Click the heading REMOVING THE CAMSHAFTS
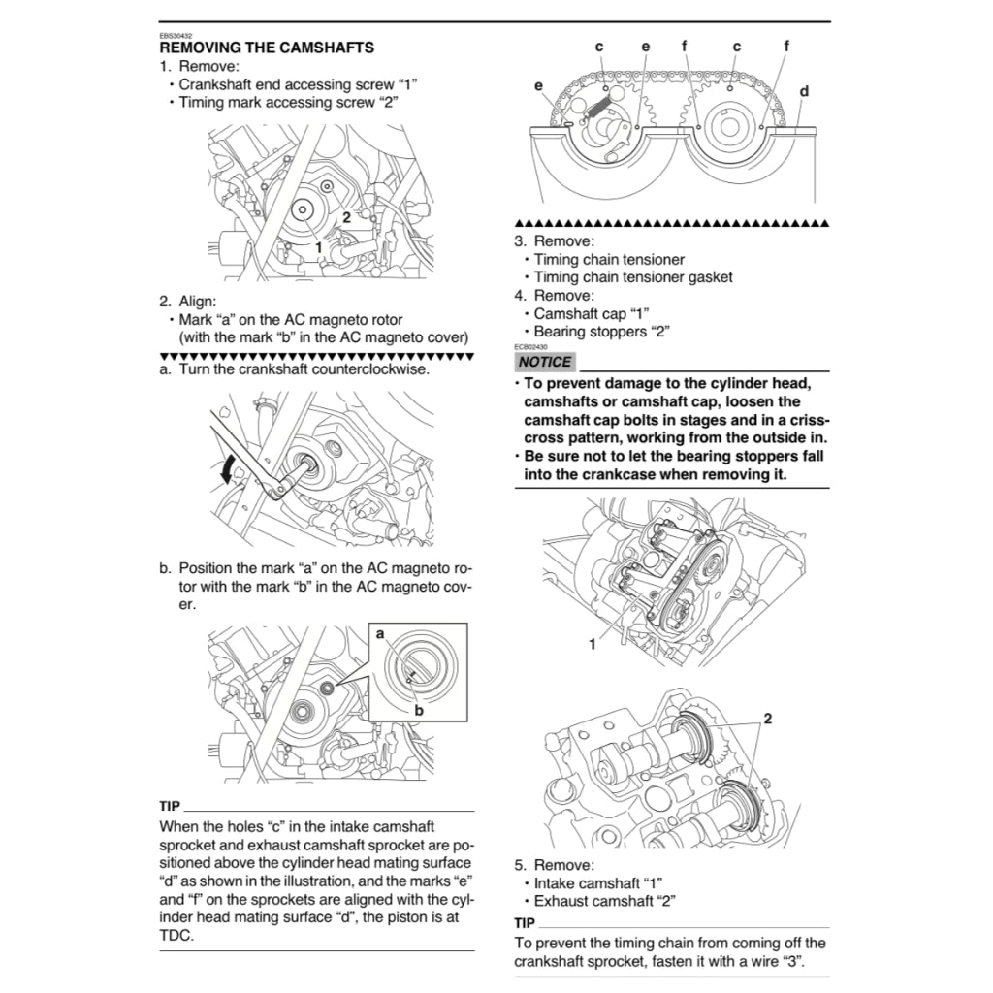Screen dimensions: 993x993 (266, 48)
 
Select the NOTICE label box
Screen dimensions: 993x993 (545, 362)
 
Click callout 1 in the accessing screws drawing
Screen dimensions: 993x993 (317, 247)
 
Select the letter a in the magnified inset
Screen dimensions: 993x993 (380, 632)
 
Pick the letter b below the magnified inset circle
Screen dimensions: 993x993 (419, 711)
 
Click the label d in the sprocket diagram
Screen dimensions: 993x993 (804, 91)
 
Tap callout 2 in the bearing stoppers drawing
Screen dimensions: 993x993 (767, 719)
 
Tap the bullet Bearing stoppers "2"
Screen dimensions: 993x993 (601, 332)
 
